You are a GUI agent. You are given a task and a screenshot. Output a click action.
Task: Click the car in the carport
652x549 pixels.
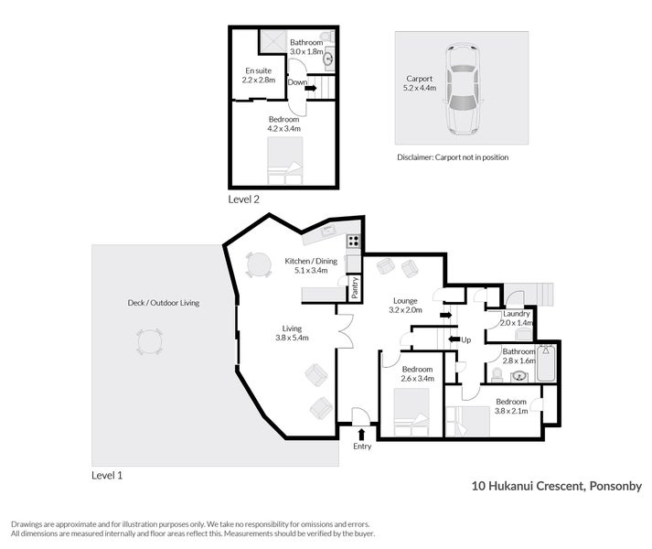[x=462, y=89]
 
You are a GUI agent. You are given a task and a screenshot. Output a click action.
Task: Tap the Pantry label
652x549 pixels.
[x=355, y=287]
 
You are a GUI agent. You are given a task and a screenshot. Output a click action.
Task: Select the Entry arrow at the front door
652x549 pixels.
[x=361, y=435]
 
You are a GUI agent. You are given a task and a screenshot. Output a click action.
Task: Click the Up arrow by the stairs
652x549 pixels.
[x=454, y=339]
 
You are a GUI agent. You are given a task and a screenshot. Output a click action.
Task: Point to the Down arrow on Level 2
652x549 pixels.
[x=311, y=88]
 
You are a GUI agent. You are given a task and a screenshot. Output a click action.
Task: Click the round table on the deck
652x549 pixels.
[x=150, y=342]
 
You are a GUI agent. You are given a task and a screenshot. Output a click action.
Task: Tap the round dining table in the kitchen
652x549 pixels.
[x=258, y=264]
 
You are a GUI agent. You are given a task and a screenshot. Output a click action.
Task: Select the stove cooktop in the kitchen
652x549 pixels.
[x=354, y=241]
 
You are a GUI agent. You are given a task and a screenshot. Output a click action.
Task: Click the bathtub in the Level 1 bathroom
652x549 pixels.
[x=546, y=363]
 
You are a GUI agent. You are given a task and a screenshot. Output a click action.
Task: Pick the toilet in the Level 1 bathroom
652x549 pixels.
[x=497, y=375]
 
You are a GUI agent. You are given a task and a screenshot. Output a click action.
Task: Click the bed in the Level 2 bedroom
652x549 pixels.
[x=284, y=161]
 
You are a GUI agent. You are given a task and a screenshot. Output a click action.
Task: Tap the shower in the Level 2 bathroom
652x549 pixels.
[x=273, y=41]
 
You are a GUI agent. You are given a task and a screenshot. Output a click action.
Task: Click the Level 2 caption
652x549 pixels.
[x=243, y=199]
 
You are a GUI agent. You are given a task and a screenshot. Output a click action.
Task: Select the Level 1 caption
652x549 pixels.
[x=107, y=475]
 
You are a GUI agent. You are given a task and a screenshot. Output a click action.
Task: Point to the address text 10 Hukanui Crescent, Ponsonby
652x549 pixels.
[x=557, y=486]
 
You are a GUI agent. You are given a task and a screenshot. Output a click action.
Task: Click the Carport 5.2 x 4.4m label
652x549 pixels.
[x=420, y=83]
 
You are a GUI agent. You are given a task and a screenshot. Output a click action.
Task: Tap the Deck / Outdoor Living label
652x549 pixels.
[x=164, y=303]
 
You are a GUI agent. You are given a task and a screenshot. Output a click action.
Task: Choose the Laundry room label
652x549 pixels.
[x=517, y=314]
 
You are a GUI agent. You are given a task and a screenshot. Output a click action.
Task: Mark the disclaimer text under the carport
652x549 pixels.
[x=453, y=157]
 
